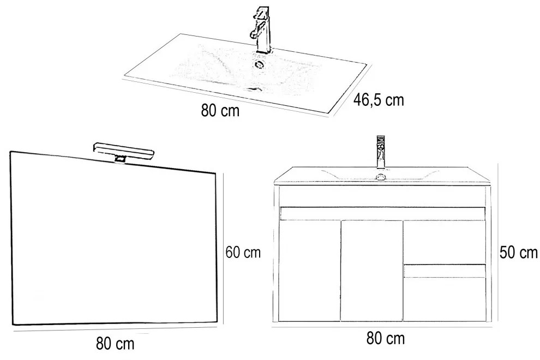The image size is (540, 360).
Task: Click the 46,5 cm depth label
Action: pyautogui.click(x=379, y=101)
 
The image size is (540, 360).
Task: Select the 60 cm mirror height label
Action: pyautogui.click(x=243, y=253)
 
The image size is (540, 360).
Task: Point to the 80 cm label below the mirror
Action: pyautogui.click(x=115, y=344)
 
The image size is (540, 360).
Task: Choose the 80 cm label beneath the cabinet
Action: pyautogui.click(x=386, y=339)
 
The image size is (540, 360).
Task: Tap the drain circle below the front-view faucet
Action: pyautogui.click(x=381, y=176)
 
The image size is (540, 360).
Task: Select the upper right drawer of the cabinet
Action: pyautogui.click(x=444, y=241)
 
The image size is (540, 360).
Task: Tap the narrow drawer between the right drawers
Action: pyautogui.click(x=444, y=270)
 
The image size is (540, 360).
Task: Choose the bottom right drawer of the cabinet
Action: pyautogui.click(x=444, y=299)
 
